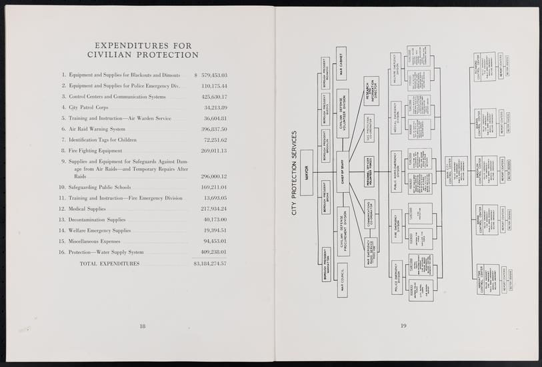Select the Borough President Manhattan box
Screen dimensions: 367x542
327,264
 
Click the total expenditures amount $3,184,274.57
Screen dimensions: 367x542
210,264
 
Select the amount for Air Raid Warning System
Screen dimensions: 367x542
214,129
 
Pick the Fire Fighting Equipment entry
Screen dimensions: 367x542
105,151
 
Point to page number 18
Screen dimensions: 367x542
143,326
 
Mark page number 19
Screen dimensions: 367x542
403,326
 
